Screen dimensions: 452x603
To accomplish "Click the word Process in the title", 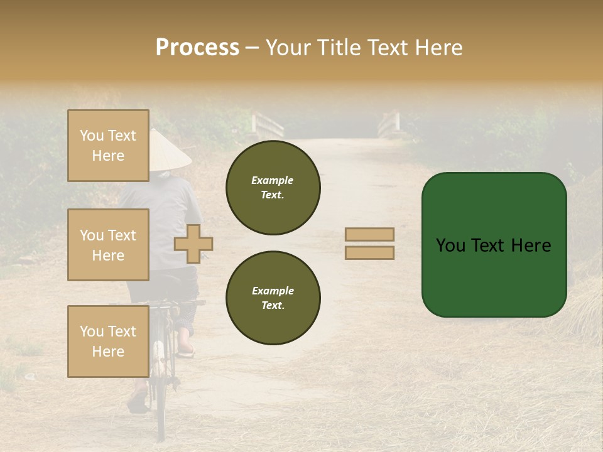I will coord(197,48).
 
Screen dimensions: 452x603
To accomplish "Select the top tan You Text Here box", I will coord(108,146).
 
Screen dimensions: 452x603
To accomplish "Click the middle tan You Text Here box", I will coord(108,245).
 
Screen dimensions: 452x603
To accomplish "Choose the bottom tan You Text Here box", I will coord(108,341).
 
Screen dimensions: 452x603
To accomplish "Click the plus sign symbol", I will coord(193,244).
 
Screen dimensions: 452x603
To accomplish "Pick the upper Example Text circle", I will coord(273,187).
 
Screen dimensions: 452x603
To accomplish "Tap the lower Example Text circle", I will coord(273,298).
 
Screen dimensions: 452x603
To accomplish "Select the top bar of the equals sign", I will coord(369,234).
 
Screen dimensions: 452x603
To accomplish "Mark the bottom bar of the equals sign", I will coord(369,252).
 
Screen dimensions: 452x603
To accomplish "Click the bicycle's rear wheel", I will coord(161,389).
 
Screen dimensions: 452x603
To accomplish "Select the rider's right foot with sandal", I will coord(186,348).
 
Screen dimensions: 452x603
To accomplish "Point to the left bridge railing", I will coord(267,124).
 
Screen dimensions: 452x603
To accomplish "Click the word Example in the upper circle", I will coord(273,180).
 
